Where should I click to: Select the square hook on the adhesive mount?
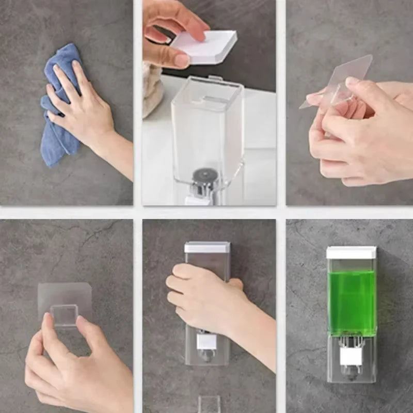pyautogui.click(x=65, y=315)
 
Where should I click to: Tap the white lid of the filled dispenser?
pyautogui.click(x=352, y=252)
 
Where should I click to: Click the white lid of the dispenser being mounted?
pyautogui.click(x=207, y=247)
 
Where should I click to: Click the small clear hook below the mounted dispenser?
pyautogui.click(x=209, y=404)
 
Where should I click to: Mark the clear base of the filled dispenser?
pyautogui.click(x=351, y=356)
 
